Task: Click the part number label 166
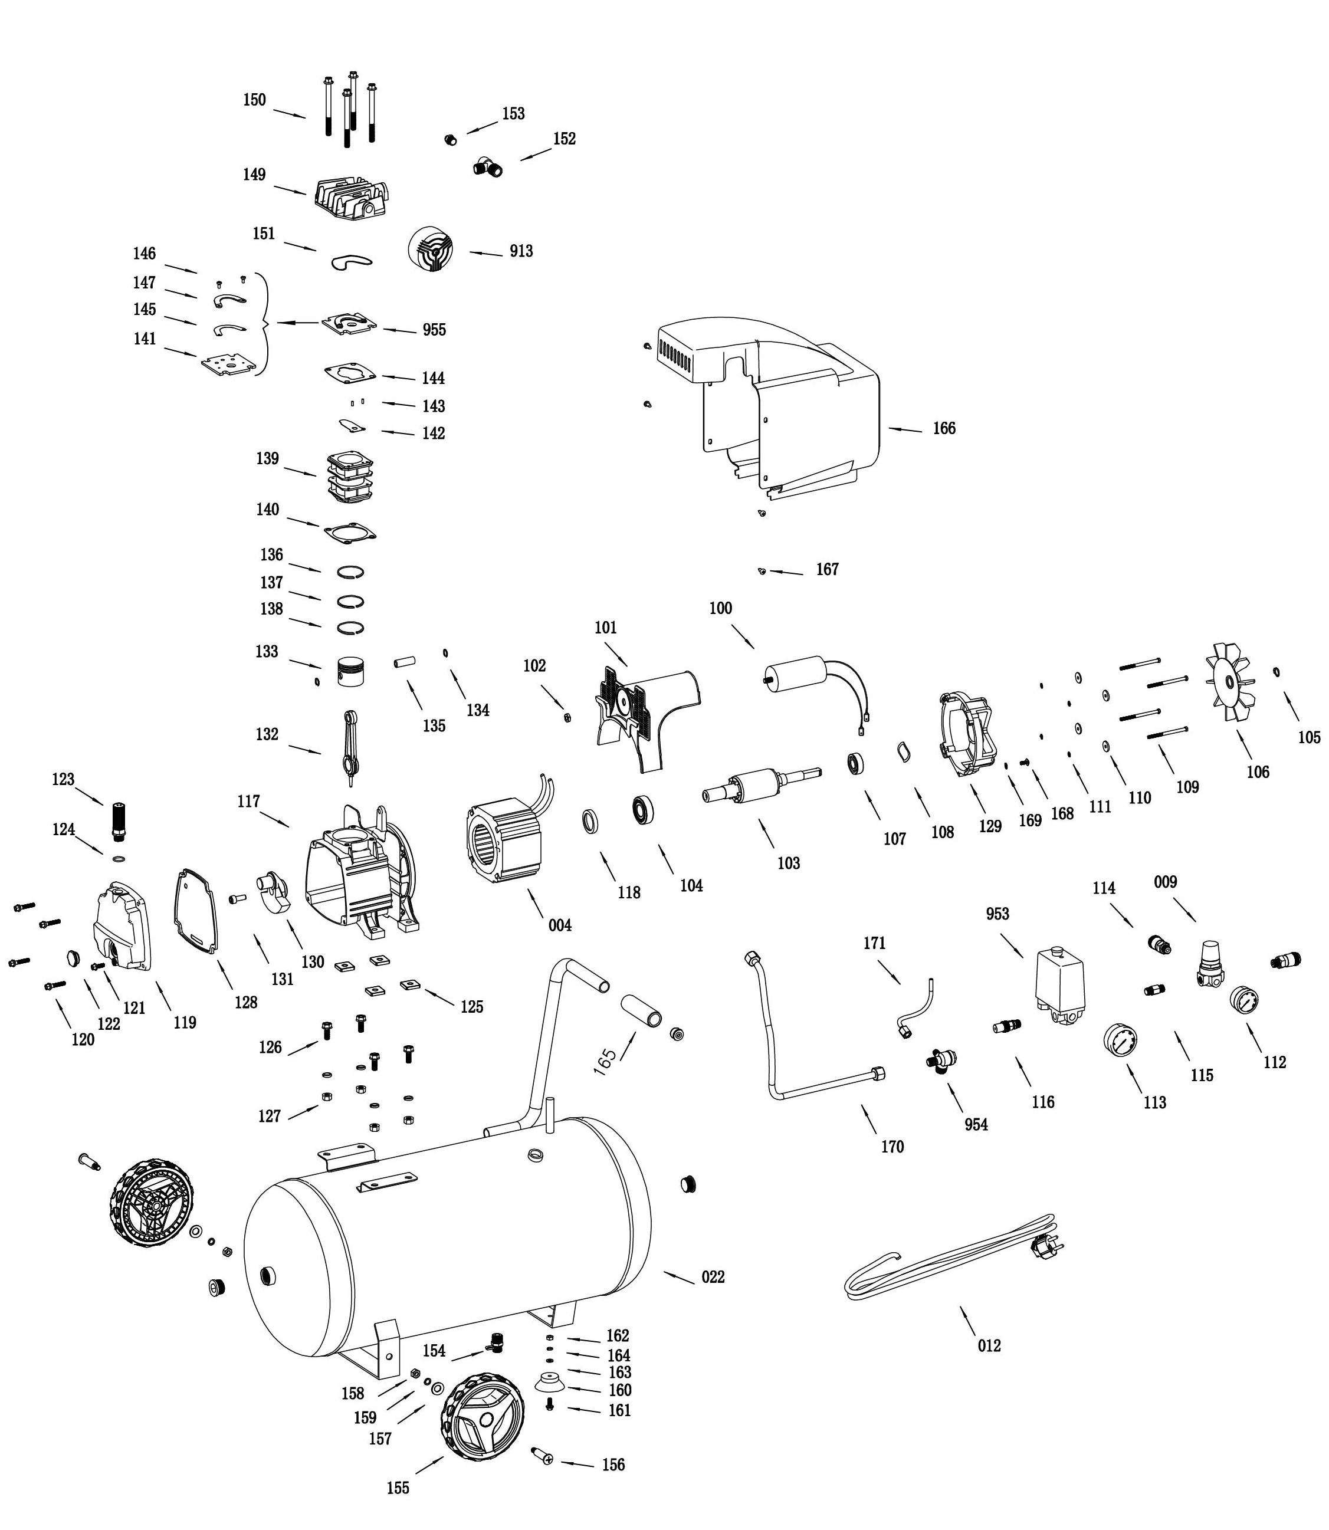(943, 429)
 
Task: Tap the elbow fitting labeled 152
(488, 167)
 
